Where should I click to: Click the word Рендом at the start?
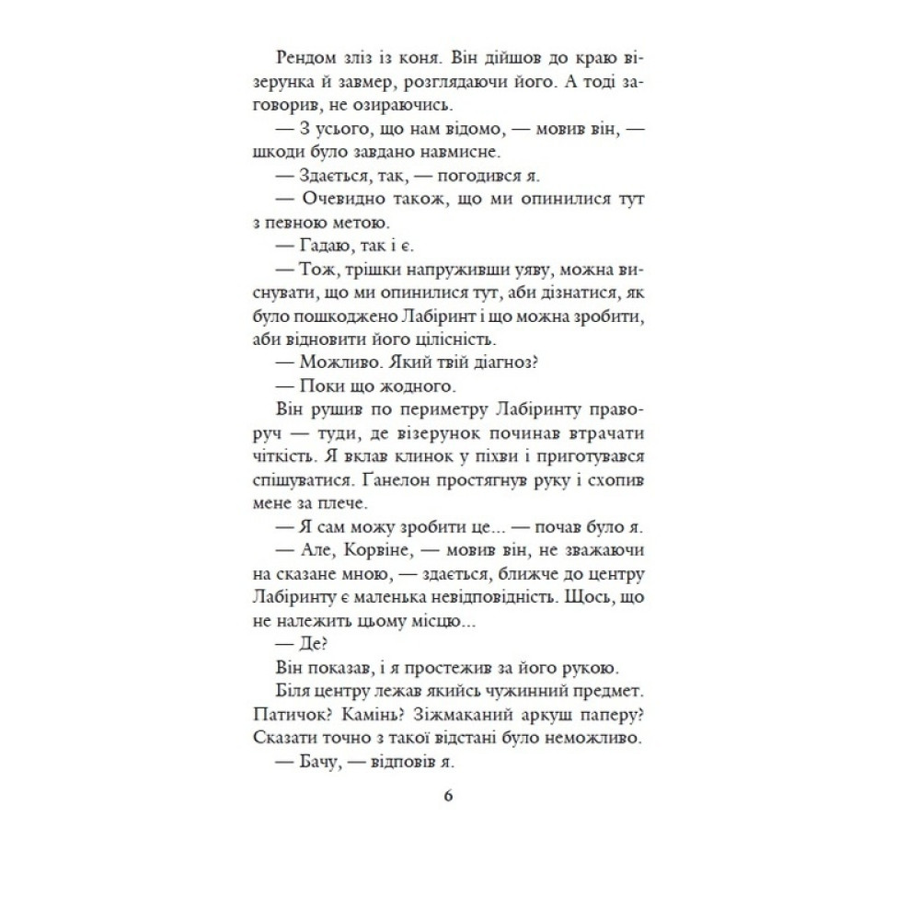(310, 57)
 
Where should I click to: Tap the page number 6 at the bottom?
(447, 796)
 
